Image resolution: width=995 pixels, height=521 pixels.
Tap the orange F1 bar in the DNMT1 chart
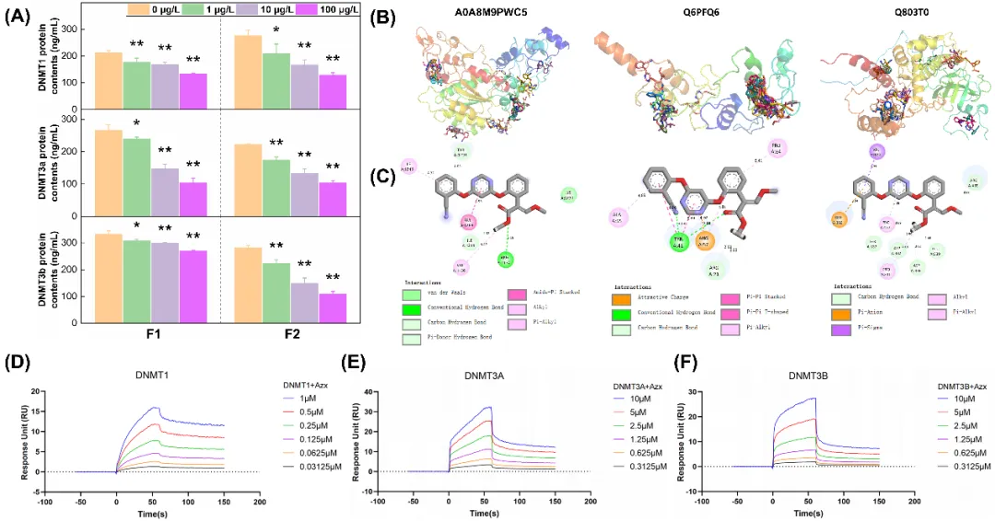(109, 77)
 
